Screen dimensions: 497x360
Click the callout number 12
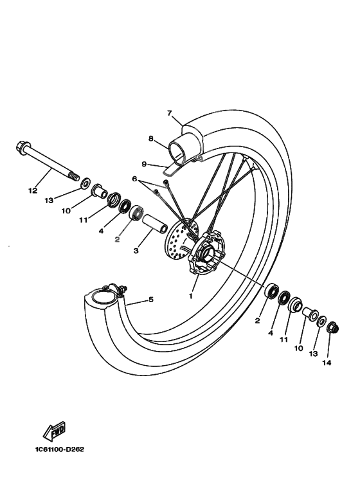33,190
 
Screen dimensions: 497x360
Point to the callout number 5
151,299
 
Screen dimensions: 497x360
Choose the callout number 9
145,165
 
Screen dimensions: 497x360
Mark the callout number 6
135,179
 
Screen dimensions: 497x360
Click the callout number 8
150,138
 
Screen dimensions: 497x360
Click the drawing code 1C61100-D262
53,449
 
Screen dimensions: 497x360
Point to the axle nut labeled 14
332,329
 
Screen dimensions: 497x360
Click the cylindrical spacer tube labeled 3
154,223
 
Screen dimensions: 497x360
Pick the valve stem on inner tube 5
120,289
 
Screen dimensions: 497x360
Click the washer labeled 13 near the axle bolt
85,186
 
